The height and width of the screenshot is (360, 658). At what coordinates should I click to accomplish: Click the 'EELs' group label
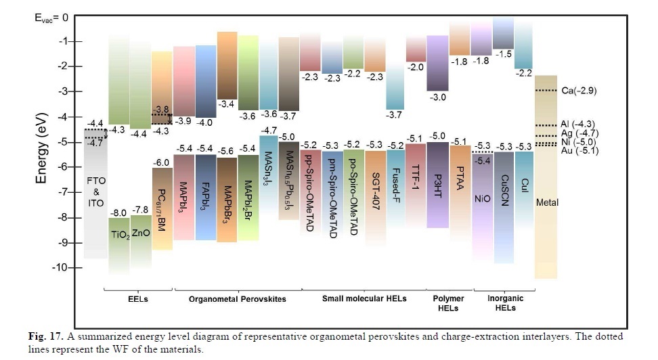[x=137, y=298]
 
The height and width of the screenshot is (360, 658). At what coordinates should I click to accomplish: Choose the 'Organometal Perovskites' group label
[x=237, y=298]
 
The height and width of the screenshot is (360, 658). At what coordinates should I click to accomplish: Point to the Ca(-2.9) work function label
[x=579, y=90]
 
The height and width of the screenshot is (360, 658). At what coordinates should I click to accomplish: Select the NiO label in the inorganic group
[x=482, y=200]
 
